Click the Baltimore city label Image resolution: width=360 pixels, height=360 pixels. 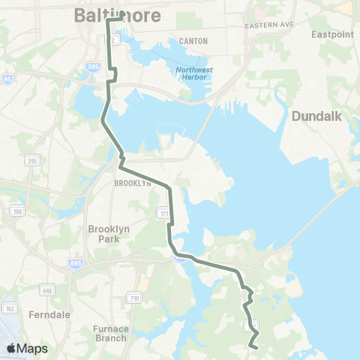coord(100,15)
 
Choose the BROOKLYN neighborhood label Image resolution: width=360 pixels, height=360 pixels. coord(132,182)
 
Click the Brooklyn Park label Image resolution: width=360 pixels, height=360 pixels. coord(109,233)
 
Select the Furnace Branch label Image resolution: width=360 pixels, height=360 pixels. coord(112,333)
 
